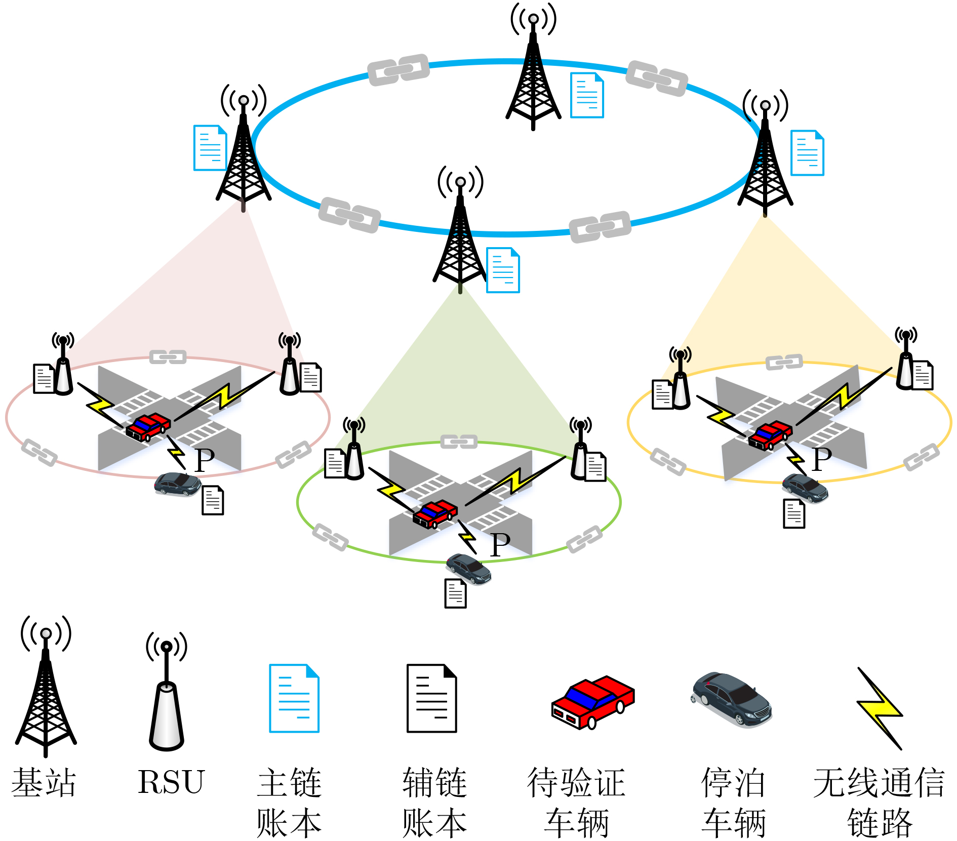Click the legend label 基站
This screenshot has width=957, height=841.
pyautogui.click(x=44, y=782)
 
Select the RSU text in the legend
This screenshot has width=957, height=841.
pyautogui.click(x=171, y=782)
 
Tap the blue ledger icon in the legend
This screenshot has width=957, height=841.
pyautogui.click(x=294, y=698)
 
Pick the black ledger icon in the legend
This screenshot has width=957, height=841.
pyautogui.click(x=432, y=698)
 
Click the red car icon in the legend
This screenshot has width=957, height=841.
pyautogui.click(x=593, y=702)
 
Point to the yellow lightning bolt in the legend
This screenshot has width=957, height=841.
pyautogui.click(x=880, y=708)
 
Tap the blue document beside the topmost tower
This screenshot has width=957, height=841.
pyautogui.click(x=587, y=95)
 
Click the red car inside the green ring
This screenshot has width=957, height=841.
pyautogui.click(x=435, y=513)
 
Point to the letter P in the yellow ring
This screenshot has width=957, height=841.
pyautogui.click(x=822, y=459)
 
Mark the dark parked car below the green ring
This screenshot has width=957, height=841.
pyautogui.click(x=468, y=569)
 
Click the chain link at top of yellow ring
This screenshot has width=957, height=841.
pyautogui.click(x=784, y=362)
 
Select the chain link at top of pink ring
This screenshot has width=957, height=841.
pyautogui.click(x=168, y=357)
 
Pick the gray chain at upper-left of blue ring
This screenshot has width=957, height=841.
pyautogui.click(x=398, y=70)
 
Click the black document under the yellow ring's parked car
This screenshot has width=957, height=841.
pyautogui.click(x=794, y=513)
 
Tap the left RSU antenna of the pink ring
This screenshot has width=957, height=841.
pyautogui.click(x=63, y=363)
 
